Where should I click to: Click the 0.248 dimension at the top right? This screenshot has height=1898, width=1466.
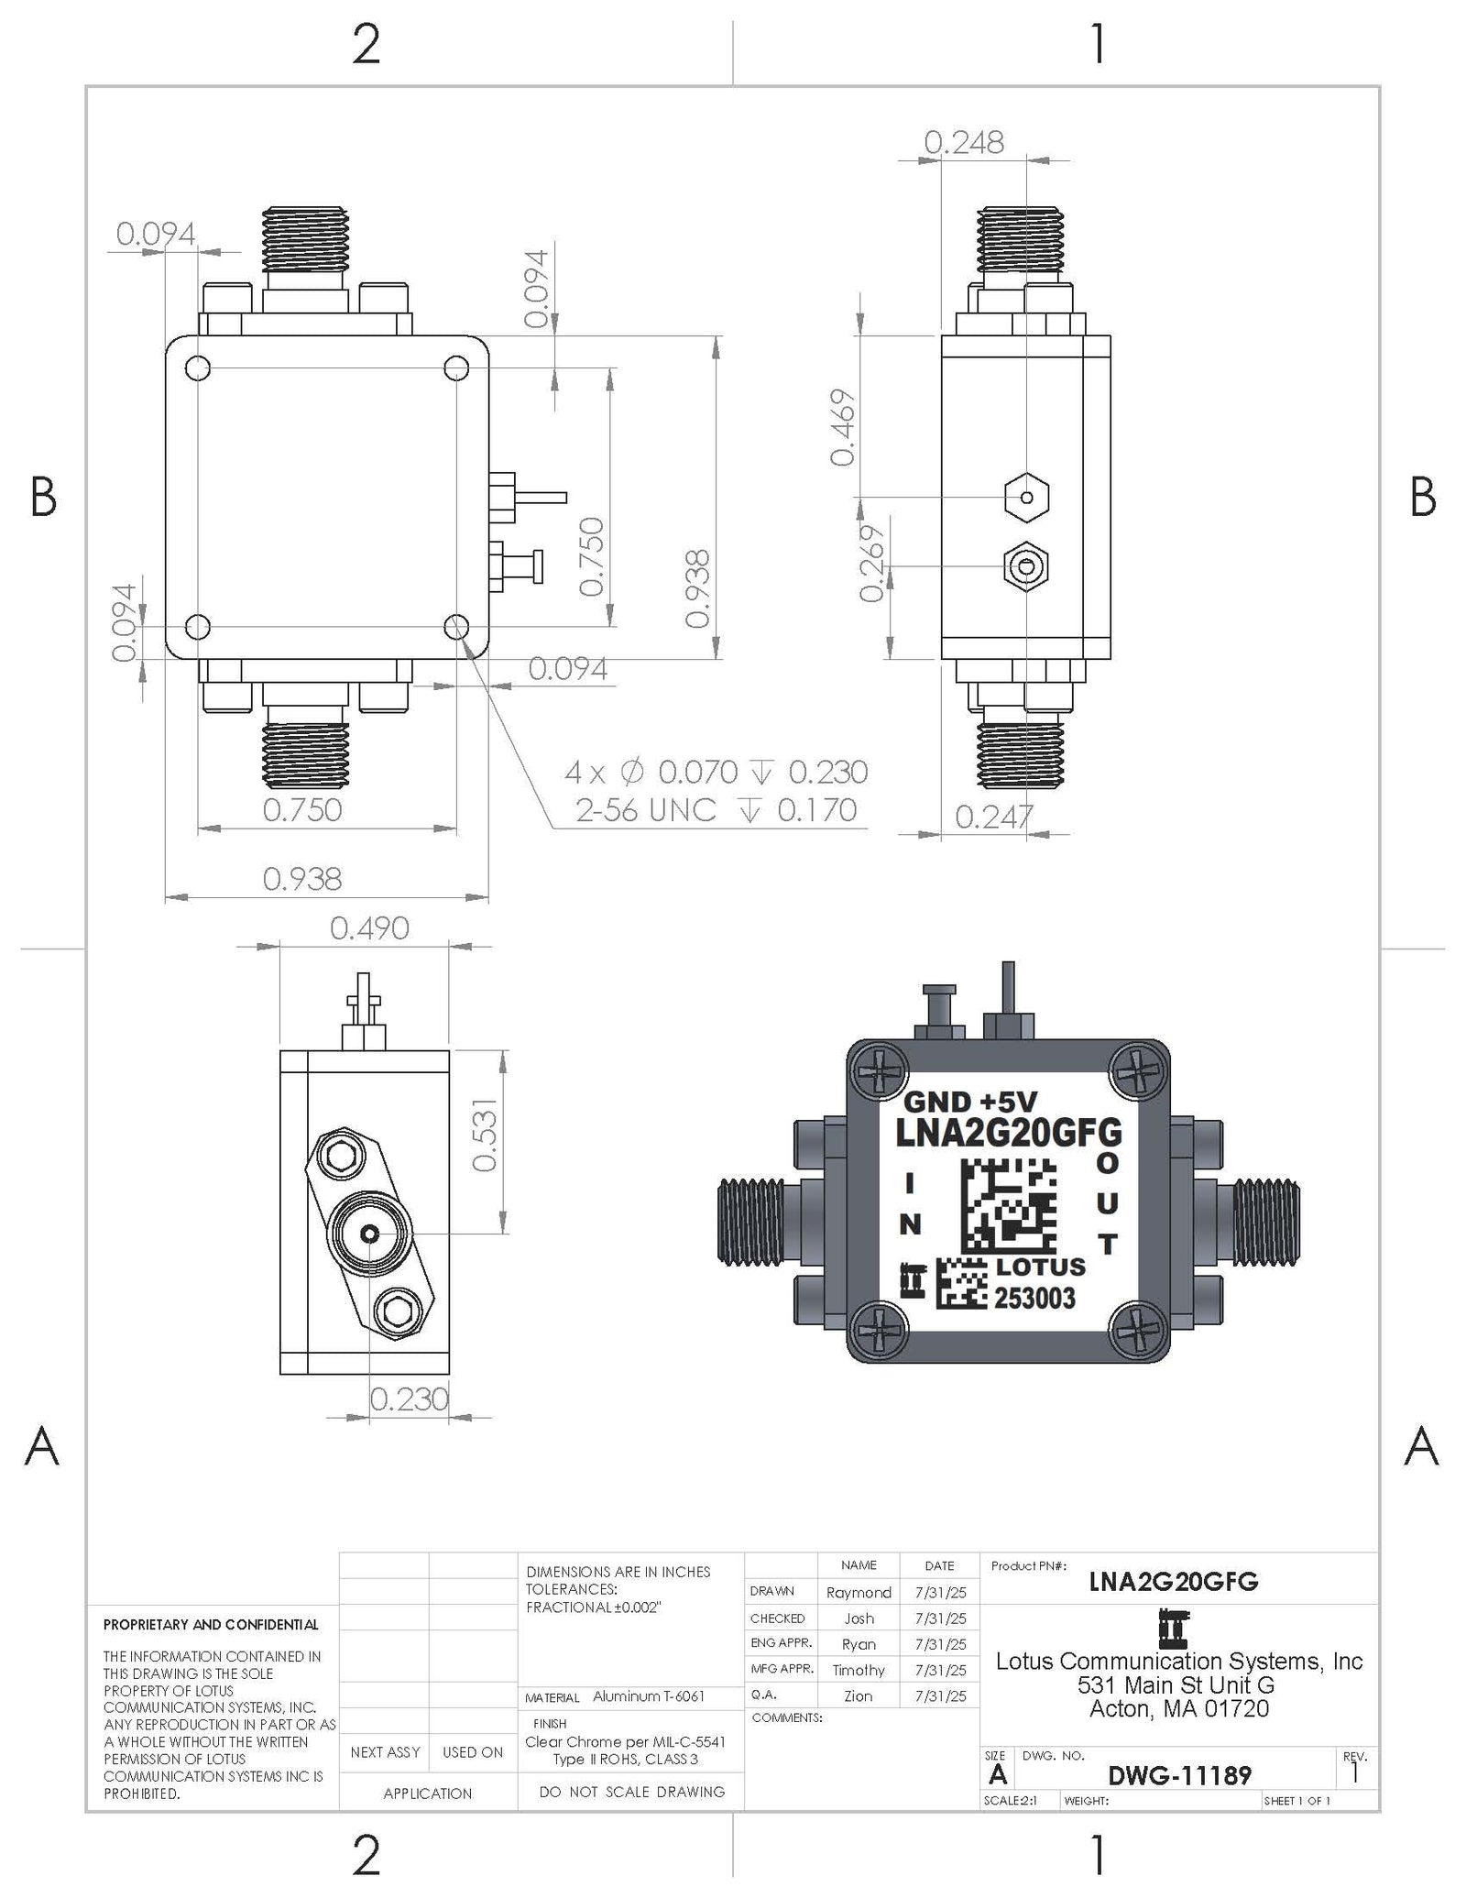(x=963, y=143)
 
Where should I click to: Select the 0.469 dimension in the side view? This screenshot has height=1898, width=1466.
(x=843, y=427)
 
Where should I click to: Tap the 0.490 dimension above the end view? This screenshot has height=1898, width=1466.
(x=369, y=928)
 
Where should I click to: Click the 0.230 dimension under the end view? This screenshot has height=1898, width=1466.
(x=409, y=1399)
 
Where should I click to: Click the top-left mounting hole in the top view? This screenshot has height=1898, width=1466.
(x=198, y=368)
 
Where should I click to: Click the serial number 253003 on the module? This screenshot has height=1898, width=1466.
(x=1034, y=1298)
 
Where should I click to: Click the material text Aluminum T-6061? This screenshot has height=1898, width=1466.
(x=648, y=1696)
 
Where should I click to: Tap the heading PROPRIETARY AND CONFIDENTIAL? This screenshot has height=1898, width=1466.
(x=211, y=1625)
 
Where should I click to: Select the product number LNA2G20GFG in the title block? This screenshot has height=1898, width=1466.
(x=1173, y=1582)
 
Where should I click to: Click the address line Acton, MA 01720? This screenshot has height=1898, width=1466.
(x=1178, y=1709)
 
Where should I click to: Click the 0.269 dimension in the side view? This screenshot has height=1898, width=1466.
(x=872, y=563)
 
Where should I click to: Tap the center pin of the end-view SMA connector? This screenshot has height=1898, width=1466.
(x=370, y=1234)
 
